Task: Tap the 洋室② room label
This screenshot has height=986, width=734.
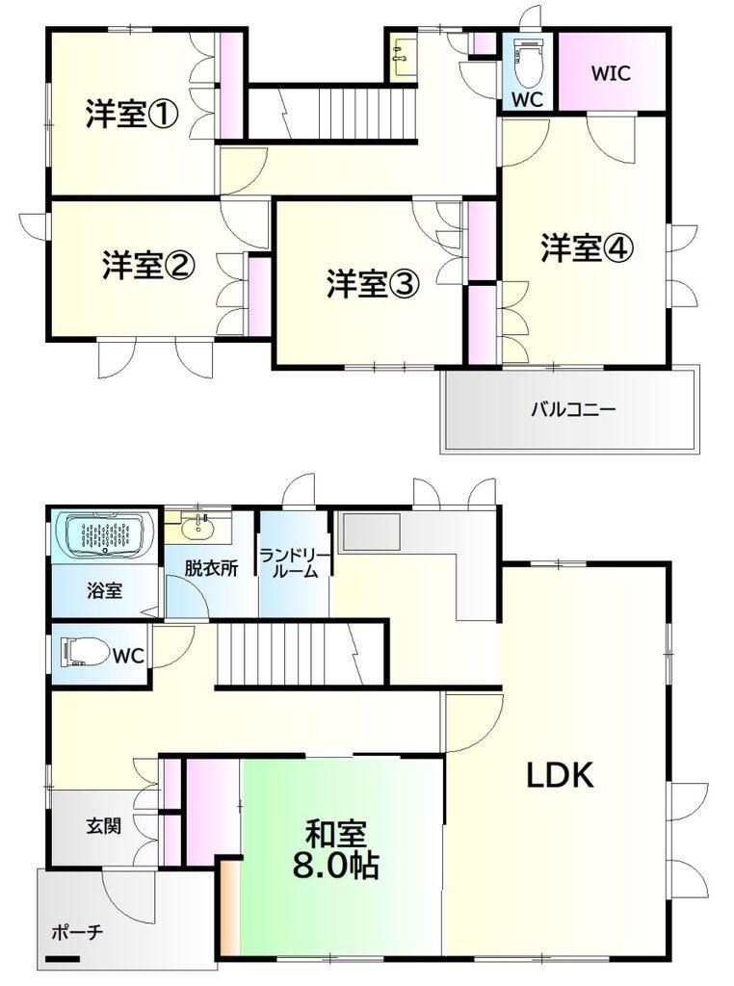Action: pyautogui.click(x=149, y=265)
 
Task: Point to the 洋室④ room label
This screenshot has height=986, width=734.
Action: pyautogui.click(x=588, y=247)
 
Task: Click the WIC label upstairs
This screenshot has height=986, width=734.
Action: pyautogui.click(x=610, y=73)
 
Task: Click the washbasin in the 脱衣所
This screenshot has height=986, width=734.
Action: pyautogui.click(x=197, y=527)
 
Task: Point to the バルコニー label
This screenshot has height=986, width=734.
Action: pyautogui.click(x=573, y=409)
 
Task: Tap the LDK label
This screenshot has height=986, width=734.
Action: pyautogui.click(x=560, y=775)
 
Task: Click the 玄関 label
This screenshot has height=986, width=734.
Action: pyautogui.click(x=103, y=825)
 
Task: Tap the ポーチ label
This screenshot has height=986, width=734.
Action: pyautogui.click(x=77, y=932)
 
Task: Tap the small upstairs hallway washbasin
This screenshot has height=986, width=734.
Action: pyautogui.click(x=402, y=54)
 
